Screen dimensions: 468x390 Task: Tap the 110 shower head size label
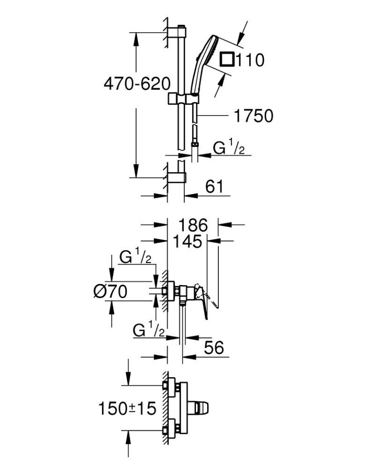point(250,61)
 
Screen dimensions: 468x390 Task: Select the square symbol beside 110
point(227,60)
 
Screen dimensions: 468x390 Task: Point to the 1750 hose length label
point(253,116)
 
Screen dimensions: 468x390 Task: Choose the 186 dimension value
point(193,225)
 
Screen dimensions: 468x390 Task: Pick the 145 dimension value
point(186,241)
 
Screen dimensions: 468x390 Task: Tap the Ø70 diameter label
point(110,292)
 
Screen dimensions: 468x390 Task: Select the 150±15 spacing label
point(128,408)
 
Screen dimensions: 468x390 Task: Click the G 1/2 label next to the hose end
point(229,148)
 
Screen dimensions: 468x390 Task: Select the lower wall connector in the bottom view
point(172,429)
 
